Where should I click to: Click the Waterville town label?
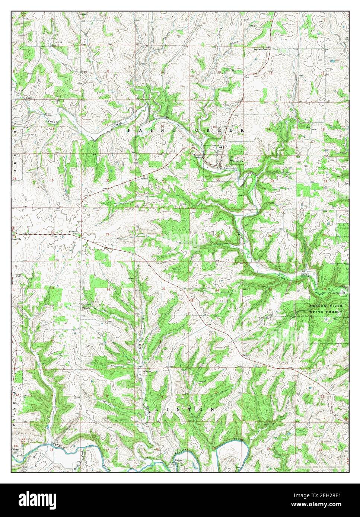(x=236, y=161)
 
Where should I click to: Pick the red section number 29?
(x=108, y=234)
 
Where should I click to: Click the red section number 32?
(x=108, y=289)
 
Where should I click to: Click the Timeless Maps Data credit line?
(x=321, y=466)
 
